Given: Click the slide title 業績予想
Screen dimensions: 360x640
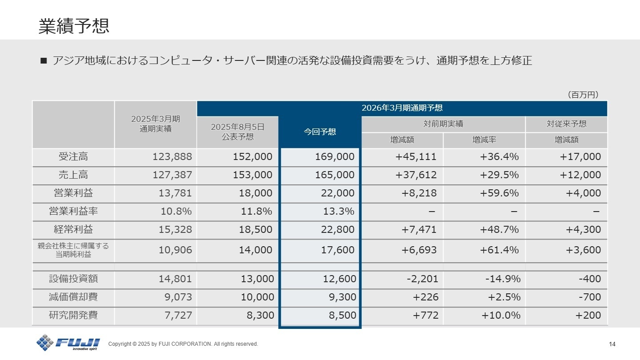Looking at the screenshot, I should pyautogui.click(x=74, y=26).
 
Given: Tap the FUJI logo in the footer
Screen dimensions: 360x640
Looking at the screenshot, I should pyautogui.click(x=68, y=342).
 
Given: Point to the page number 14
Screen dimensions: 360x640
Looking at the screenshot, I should pyautogui.click(x=612, y=344).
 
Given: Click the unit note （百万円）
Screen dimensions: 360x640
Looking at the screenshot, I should pyautogui.click(x=583, y=95).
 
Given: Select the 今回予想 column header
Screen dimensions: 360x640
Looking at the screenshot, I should pyautogui.click(x=320, y=132).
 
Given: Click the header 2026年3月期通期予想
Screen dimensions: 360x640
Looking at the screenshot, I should pyautogui.click(x=402, y=108).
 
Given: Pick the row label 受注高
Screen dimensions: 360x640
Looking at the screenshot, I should pyautogui.click(x=73, y=156).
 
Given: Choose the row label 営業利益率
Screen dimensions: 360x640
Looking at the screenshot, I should pyautogui.click(x=73, y=212).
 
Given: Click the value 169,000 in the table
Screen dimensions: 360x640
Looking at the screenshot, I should pyautogui.click(x=334, y=156).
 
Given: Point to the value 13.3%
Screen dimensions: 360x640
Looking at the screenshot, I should pyautogui.click(x=339, y=212).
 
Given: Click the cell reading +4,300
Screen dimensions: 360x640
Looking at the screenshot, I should pyautogui.click(x=583, y=230).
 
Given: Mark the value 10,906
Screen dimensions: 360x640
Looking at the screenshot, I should pyautogui.click(x=176, y=250).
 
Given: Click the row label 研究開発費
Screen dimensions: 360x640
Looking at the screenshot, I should pyautogui.click(x=73, y=316).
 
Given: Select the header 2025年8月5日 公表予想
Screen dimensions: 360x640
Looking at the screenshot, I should pyautogui.click(x=237, y=132).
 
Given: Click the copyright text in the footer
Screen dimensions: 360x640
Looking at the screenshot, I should pyautogui.click(x=183, y=344).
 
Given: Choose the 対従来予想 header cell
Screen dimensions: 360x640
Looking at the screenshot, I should pyautogui.click(x=566, y=124).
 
